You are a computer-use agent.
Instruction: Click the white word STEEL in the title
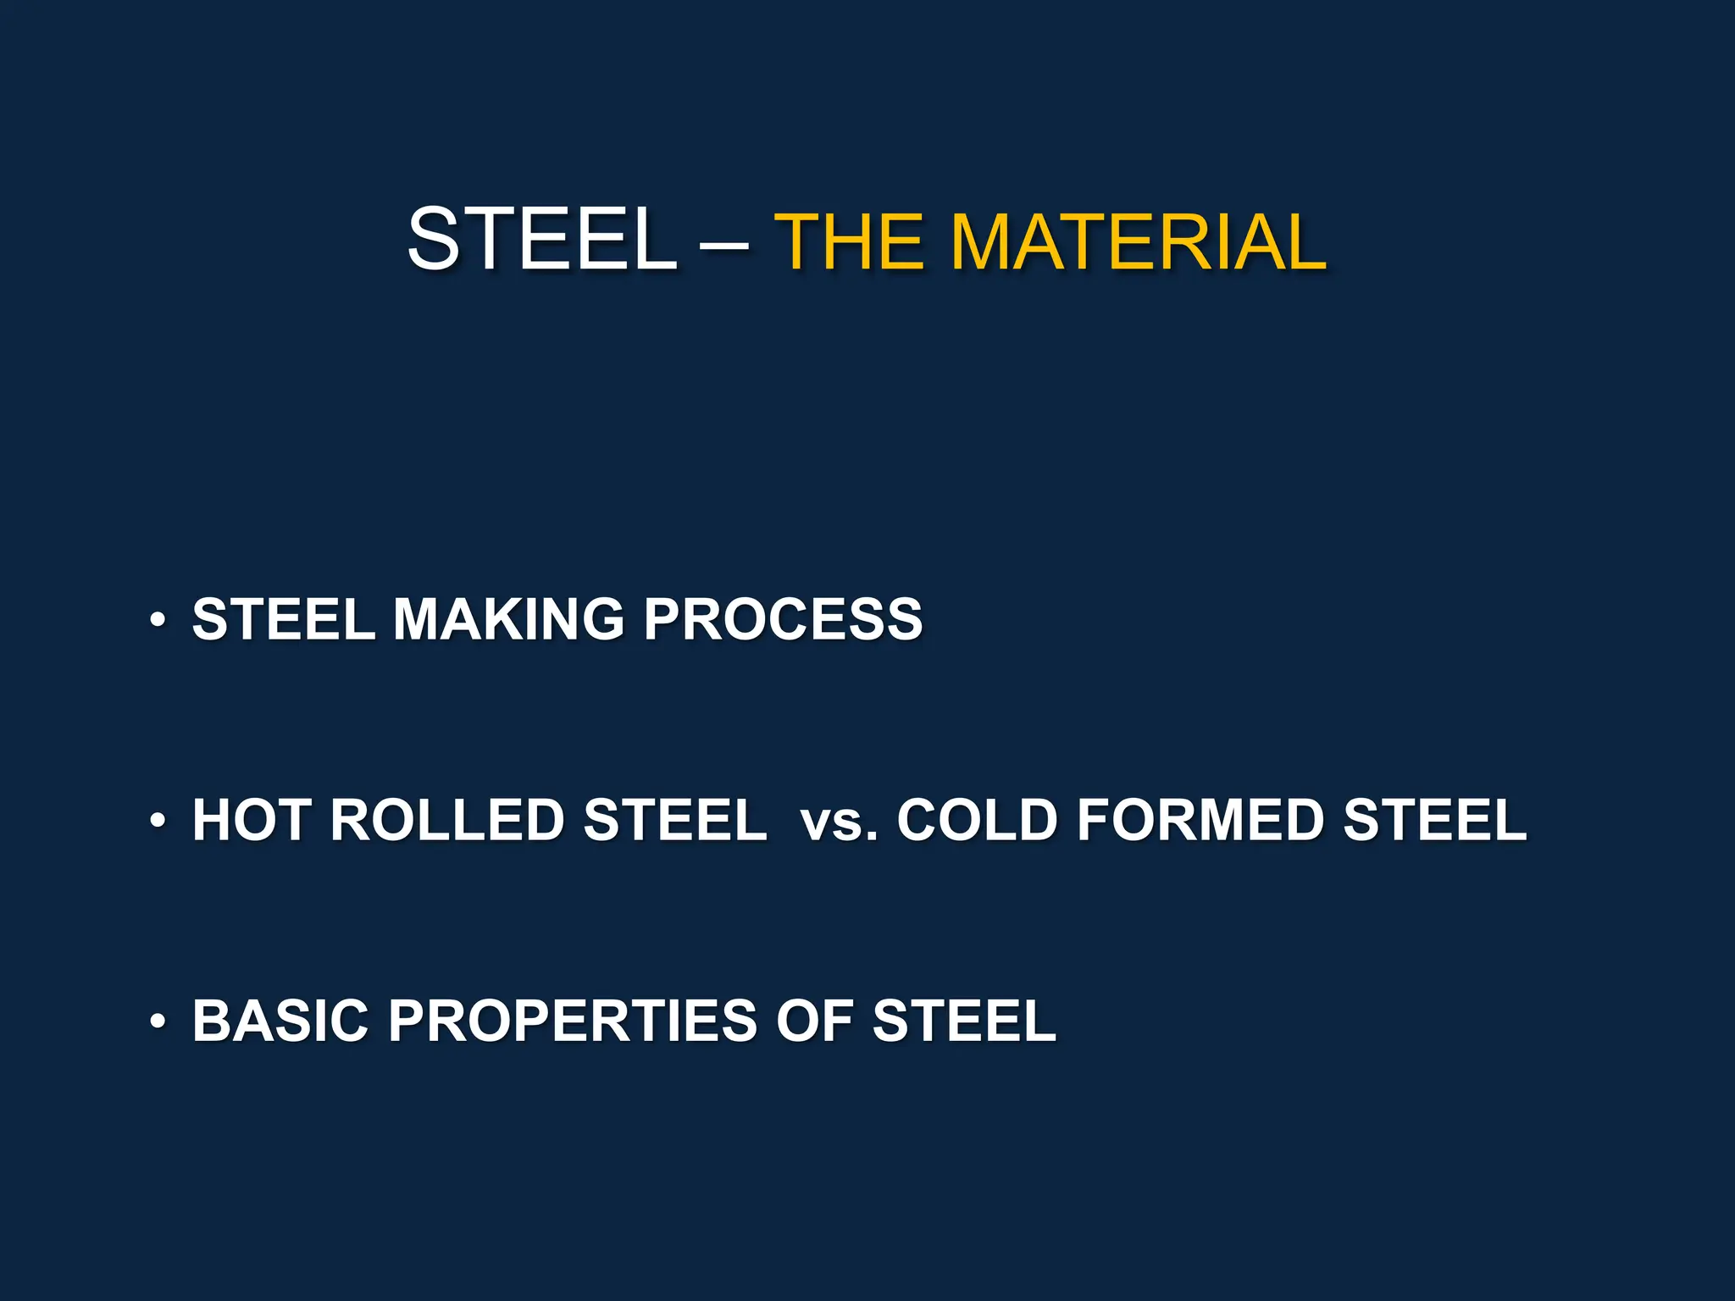pos(542,241)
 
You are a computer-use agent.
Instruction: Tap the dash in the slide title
pos(725,246)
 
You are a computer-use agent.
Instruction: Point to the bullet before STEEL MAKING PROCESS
pos(158,621)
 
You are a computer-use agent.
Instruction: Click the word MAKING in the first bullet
pos(508,619)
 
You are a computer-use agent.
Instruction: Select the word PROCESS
pos(783,619)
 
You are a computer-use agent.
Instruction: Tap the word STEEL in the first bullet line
pos(284,619)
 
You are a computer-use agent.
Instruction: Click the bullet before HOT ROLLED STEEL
pos(158,822)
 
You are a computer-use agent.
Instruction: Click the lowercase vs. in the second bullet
pos(839,822)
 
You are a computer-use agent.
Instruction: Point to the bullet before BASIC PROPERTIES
pos(158,1022)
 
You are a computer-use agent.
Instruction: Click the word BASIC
pos(280,1021)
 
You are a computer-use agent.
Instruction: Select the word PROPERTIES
pos(572,1021)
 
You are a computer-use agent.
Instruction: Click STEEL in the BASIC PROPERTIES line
pos(964,1021)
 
